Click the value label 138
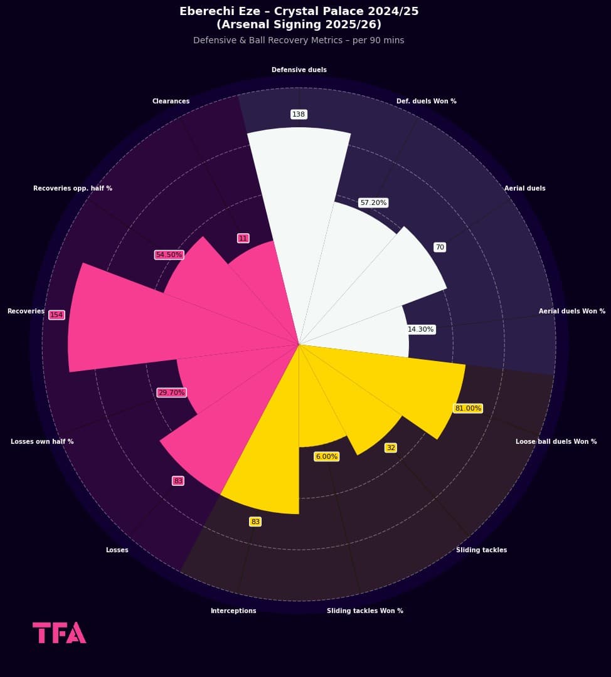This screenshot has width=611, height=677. pyautogui.click(x=299, y=114)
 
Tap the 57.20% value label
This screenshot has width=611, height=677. pyautogui.click(x=373, y=202)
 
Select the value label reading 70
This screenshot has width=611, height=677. pyautogui.click(x=440, y=248)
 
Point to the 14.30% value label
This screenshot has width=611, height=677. pyautogui.click(x=420, y=329)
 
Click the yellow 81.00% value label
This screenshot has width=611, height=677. pyautogui.click(x=468, y=408)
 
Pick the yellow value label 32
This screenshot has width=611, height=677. pyautogui.click(x=391, y=448)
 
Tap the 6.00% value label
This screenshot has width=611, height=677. pyautogui.click(x=326, y=456)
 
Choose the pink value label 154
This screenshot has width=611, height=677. pyautogui.click(x=56, y=315)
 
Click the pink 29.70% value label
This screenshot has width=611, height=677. pyautogui.click(x=171, y=392)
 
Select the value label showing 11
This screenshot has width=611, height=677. pyautogui.click(x=243, y=238)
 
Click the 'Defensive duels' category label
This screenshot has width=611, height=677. pyautogui.click(x=299, y=70)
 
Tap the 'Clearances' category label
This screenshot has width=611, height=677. pyautogui.click(x=171, y=102)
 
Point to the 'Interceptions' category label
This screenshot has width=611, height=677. pyautogui.click(x=233, y=611)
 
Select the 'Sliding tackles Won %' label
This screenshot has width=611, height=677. pyautogui.click(x=365, y=611)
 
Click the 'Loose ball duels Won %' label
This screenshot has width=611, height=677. pyautogui.click(x=556, y=442)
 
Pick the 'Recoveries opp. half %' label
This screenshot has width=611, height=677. pyautogui.click(x=73, y=189)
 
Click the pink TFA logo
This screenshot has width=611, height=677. pyautogui.click(x=59, y=632)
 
